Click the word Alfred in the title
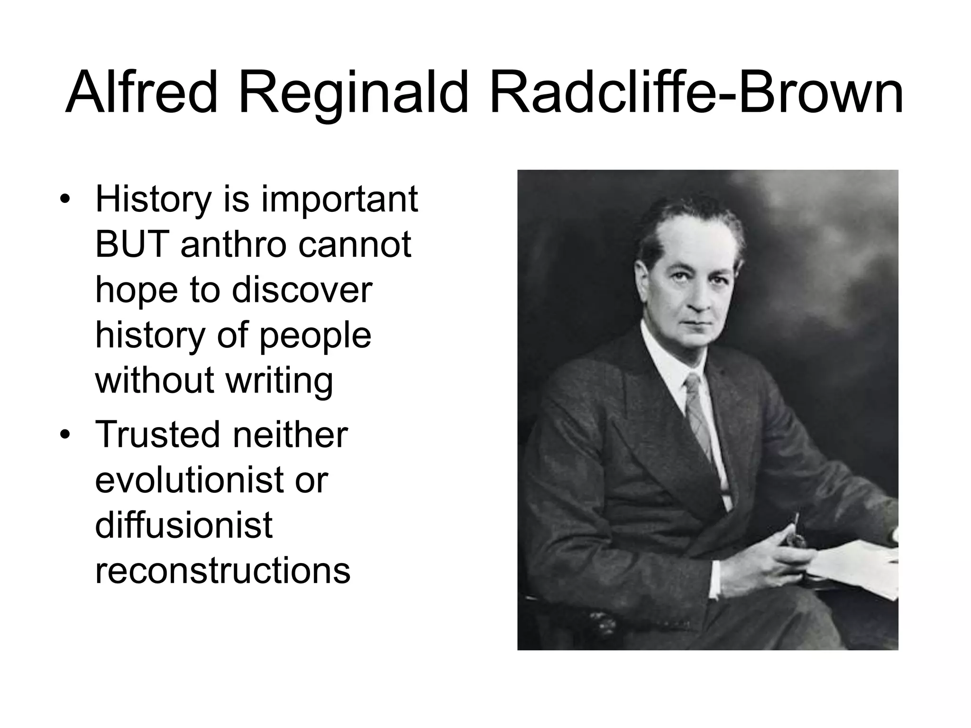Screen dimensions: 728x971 point(141,93)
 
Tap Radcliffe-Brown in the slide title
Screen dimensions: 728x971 point(696,93)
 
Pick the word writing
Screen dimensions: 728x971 point(279,381)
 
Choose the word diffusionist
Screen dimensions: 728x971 point(183,525)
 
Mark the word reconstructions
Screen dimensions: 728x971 point(222,570)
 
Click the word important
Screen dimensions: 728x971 point(339,199)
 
